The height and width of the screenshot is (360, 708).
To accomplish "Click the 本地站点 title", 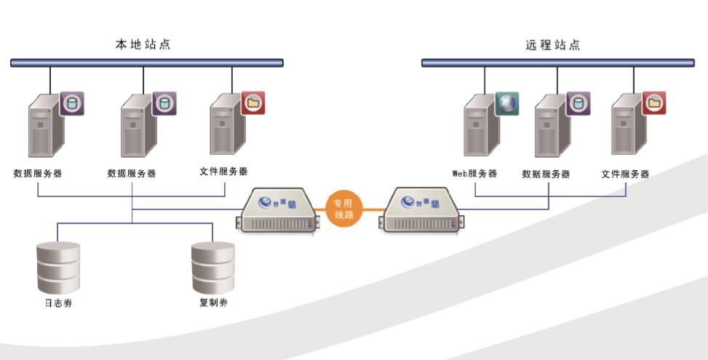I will tap(143, 44).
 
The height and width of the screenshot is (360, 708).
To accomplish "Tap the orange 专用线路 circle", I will tap(342, 209).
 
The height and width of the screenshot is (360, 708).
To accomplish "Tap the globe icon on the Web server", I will tap(506, 103).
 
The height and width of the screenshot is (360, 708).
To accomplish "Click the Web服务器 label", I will tap(474, 174).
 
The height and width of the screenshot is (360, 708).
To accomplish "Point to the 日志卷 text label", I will tap(58, 303).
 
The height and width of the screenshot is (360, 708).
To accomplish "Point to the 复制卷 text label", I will tap(213, 303).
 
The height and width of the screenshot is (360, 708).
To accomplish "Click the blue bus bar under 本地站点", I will tap(146, 63).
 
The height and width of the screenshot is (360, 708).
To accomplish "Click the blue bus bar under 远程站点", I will tap(557, 63).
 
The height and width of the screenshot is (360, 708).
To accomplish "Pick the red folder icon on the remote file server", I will tap(654, 103).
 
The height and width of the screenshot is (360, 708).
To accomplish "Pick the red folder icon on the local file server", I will tap(253, 103).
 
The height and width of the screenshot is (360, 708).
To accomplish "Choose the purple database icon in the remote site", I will tap(578, 103).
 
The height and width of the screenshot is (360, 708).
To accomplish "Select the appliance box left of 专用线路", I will tap(280, 210).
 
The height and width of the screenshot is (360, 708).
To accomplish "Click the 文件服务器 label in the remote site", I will tap(625, 174).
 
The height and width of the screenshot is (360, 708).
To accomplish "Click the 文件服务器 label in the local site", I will tap(223, 172).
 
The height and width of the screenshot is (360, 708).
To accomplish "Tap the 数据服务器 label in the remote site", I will tap(546, 174).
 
